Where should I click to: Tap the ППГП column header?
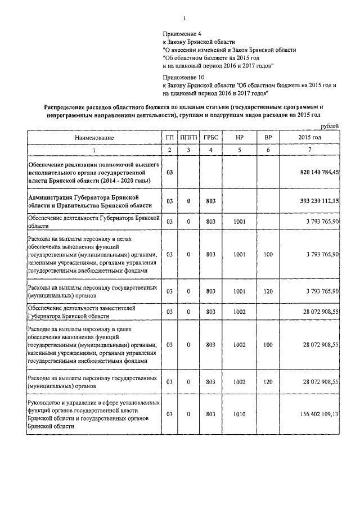pos(188,138)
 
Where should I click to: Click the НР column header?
pos(239,138)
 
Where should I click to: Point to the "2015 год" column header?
pos(310,138)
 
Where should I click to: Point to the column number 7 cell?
pos(310,149)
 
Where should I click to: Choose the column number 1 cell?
pos(93,149)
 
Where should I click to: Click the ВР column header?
pos(268,138)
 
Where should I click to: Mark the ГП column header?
pos(169,138)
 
